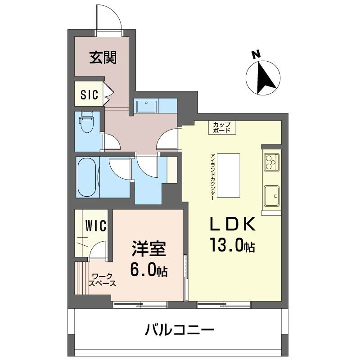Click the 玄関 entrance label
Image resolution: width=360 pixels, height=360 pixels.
coord(103,58)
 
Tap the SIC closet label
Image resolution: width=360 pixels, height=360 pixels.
coord(90,94)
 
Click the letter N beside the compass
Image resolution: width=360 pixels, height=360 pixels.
coord(256,55)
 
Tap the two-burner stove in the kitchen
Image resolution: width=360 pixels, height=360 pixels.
coord(271,162)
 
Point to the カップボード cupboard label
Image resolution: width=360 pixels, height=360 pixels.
coord(221,127)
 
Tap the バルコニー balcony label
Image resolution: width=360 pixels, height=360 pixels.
coord(179,331)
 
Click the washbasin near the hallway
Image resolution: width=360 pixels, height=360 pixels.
coord(146,107)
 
